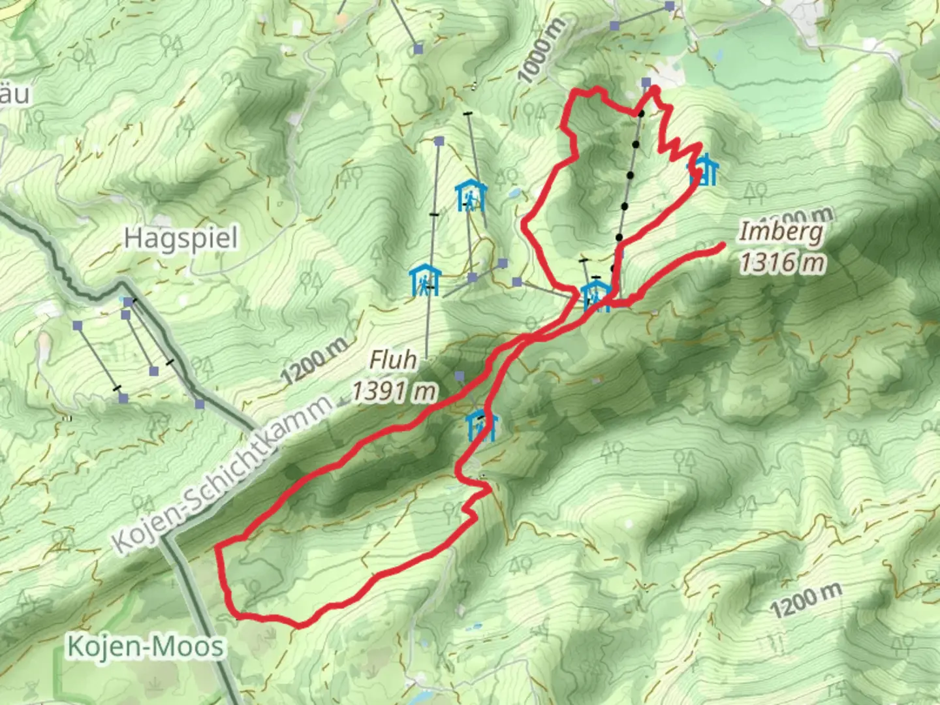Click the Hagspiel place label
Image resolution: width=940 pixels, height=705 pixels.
coord(181,238)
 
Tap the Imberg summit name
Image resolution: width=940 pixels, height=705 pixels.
coord(781,231)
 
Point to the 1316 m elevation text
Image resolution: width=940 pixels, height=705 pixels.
coord(782,262)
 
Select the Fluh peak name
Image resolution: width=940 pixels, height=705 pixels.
coord(393,359)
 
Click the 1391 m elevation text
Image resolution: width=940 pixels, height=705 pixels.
coord(394,391)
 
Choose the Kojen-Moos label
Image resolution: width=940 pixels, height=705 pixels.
coord(146,647)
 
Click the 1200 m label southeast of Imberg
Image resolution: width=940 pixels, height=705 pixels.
coord(806,600)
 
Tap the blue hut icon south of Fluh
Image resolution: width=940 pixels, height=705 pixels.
coord(482,425)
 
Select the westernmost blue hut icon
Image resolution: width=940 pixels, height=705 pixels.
coord(425,280)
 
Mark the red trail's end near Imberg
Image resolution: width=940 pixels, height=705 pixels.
coord(724,245)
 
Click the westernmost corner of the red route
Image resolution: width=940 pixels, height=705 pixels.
coord(217,547)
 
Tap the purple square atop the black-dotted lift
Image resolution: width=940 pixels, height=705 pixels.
coord(646,82)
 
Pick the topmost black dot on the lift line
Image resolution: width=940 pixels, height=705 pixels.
coord(641,114)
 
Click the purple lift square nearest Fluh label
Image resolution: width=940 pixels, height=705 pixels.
coord(460,376)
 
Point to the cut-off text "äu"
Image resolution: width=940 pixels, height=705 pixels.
coord(14,95)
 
